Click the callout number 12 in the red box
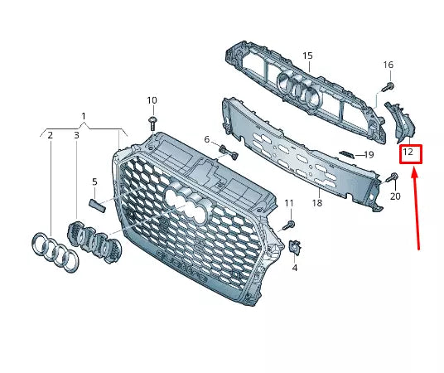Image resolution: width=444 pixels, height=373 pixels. (408, 153)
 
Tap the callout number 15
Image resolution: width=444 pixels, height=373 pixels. (307, 56)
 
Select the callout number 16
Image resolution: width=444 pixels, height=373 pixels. (388, 65)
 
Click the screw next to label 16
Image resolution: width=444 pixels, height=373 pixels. (387, 85)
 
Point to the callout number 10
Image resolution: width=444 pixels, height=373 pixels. (152, 100)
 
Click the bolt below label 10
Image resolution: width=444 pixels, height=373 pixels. (153, 121)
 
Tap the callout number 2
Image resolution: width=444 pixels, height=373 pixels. (50, 134)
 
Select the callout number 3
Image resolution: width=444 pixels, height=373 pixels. (76, 134)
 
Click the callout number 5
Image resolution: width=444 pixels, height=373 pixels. (94, 182)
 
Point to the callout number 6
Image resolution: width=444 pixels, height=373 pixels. (207, 139)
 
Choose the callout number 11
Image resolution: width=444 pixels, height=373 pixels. (289, 203)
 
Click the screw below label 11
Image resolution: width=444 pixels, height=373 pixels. (288, 224)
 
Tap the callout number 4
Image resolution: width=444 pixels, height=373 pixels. (295, 269)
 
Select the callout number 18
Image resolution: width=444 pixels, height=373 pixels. (316, 202)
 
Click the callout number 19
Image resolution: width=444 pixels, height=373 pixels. (369, 154)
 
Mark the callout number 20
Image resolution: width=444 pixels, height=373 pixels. (394, 196)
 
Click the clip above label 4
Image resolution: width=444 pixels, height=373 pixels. (296, 247)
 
